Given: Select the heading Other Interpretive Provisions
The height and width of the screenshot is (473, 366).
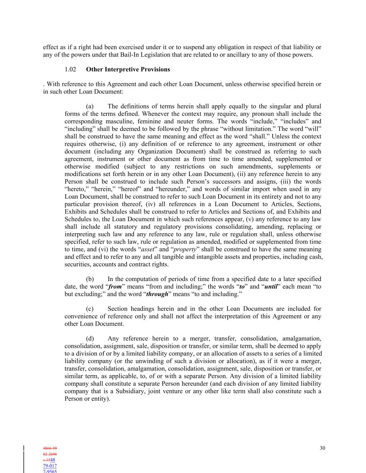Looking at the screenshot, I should [128, 69].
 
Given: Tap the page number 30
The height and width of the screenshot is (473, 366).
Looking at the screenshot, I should [322, 448].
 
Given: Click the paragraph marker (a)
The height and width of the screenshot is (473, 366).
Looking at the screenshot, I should [90, 106].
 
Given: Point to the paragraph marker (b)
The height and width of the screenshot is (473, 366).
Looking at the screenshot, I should [90, 279].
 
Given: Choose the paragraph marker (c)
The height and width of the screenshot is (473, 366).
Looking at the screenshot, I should [90, 309].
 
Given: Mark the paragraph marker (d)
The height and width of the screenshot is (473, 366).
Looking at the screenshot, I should [90, 339].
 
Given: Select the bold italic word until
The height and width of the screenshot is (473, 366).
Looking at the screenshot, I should [271, 287].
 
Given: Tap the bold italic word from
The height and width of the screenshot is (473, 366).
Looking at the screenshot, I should [115, 287].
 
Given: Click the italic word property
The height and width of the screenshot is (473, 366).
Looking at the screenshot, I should [185, 249].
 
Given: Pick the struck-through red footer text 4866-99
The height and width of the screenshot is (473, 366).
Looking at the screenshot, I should [50, 448].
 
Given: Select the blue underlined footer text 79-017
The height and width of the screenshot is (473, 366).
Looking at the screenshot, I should [50, 466].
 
